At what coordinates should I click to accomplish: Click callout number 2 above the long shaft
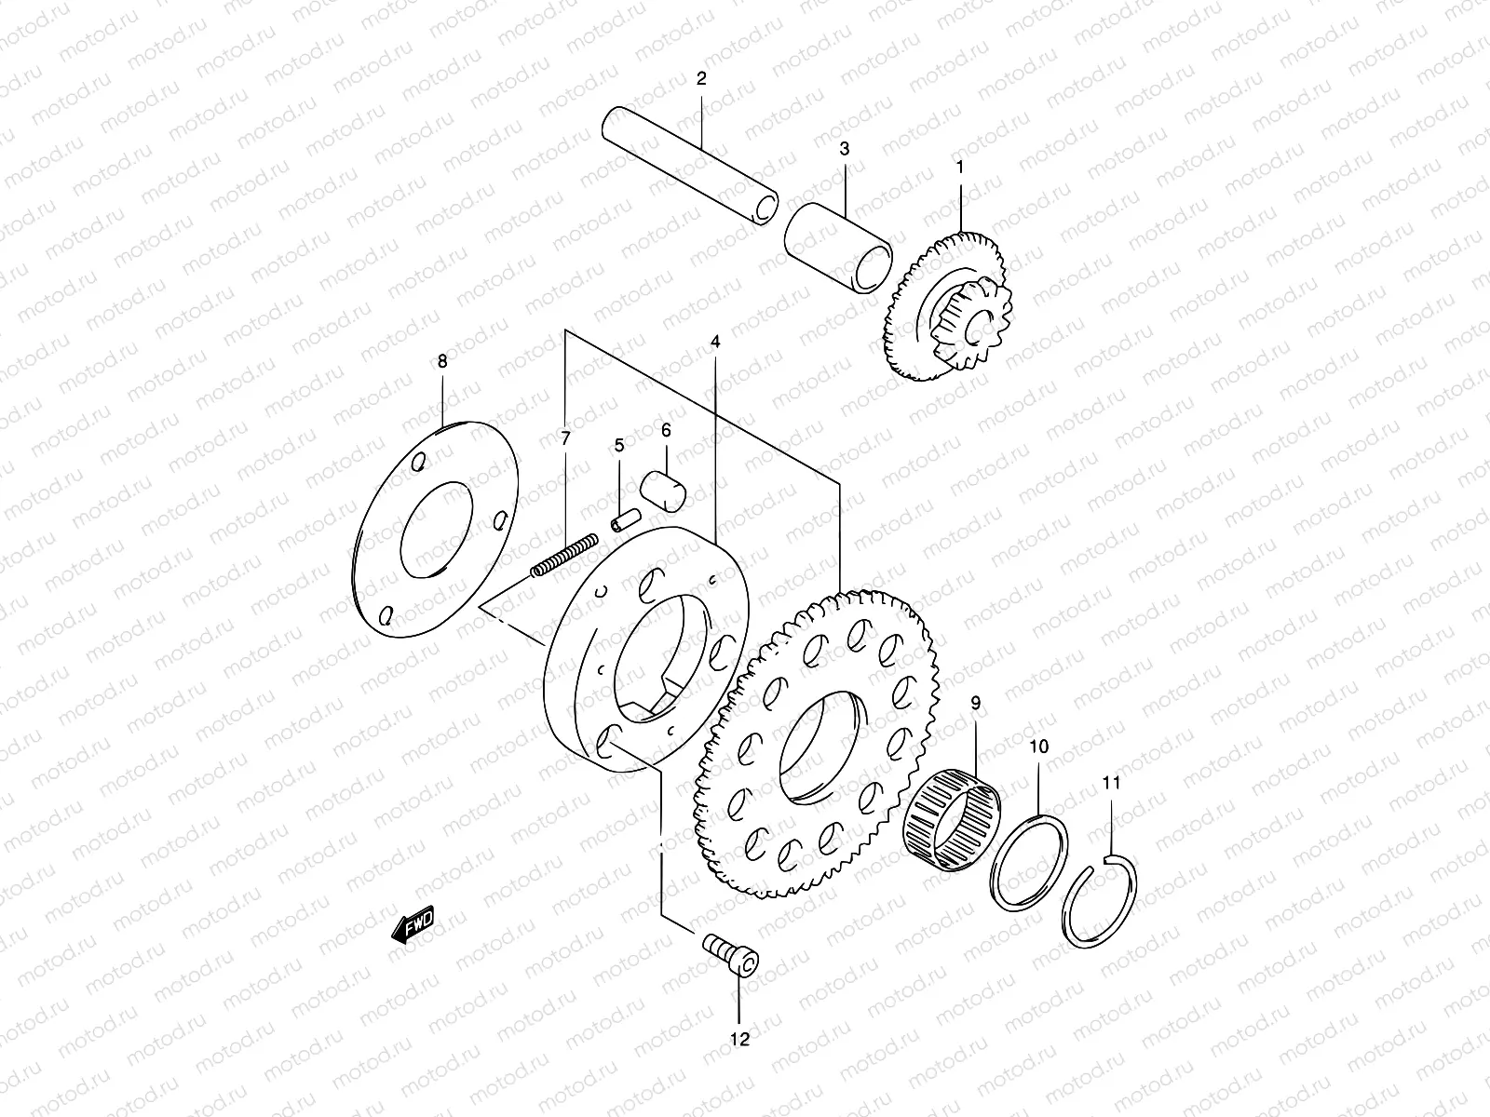pos(701,79)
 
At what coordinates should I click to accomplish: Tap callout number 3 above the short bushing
pos(845,149)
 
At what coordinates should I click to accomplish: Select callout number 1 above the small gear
pos(960,168)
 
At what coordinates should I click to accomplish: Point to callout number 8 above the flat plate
pos(442,361)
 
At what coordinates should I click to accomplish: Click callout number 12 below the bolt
pos(739,1040)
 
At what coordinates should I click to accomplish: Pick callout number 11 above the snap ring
pos(1111,783)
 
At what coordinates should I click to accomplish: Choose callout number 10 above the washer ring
pos(1039,747)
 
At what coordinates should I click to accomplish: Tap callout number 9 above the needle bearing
pos(976,704)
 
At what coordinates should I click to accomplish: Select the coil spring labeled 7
pos(564,556)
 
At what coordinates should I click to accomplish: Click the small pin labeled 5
pos(624,518)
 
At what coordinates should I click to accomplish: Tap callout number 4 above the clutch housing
pos(715,343)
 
